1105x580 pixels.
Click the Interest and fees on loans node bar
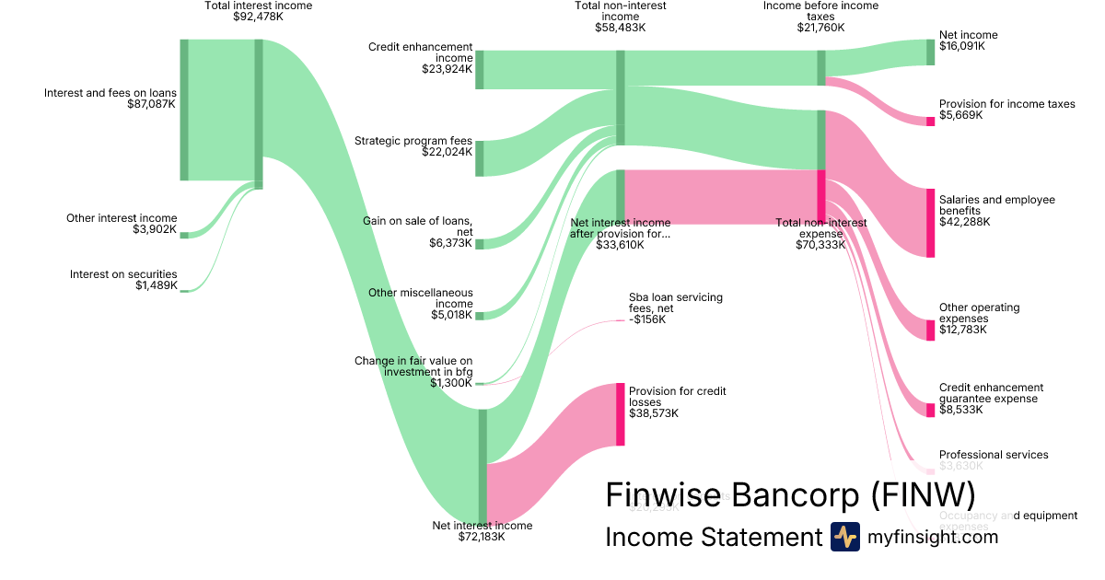[x=184, y=110]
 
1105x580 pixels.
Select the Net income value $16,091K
[x=961, y=46]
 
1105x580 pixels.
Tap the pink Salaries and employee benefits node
[x=930, y=223]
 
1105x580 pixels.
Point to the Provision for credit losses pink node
[x=621, y=414]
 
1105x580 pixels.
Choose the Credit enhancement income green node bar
[x=480, y=70]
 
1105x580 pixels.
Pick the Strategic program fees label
[x=413, y=141]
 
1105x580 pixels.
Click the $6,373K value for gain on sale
[x=451, y=243]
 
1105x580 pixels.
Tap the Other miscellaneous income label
[x=421, y=298]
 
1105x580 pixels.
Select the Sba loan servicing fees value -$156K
[x=647, y=319]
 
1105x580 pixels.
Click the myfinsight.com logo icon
[x=844, y=537]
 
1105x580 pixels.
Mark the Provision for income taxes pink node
[x=930, y=122]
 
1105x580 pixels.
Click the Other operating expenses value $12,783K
[x=962, y=330]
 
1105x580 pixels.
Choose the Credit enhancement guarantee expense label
[x=991, y=393]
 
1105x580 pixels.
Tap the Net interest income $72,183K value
[x=482, y=537]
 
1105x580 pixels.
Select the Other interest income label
[x=122, y=218]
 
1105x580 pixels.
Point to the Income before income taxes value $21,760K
[x=820, y=28]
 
